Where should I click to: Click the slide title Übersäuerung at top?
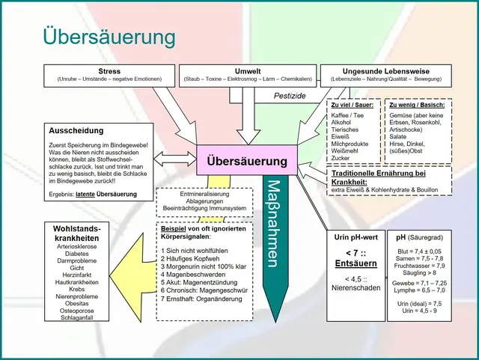(x=109, y=37)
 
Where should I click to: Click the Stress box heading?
(x=109, y=70)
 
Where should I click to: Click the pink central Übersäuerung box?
(x=242, y=161)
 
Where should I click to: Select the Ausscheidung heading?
(x=77, y=129)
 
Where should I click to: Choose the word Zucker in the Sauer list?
(x=341, y=159)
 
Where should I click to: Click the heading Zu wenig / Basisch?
(x=411, y=106)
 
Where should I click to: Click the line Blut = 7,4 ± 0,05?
(x=420, y=251)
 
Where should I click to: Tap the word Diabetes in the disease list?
(x=77, y=253)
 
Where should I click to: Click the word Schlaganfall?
(x=77, y=318)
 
